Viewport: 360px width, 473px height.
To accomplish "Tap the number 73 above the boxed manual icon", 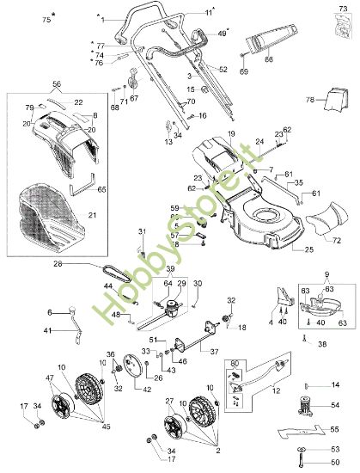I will click(332, 8).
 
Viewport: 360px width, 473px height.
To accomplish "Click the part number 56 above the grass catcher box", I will click(57, 84).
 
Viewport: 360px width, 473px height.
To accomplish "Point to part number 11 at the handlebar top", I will click(208, 12).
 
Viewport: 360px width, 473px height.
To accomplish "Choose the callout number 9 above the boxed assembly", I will click(325, 275).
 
